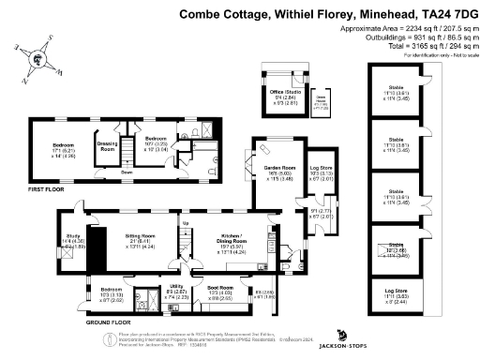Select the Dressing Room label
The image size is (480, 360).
(x=107, y=147)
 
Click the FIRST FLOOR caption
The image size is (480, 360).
(x=45, y=191)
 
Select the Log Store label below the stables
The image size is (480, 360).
(x=399, y=292)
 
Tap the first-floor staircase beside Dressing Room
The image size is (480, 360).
(x=124, y=160)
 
